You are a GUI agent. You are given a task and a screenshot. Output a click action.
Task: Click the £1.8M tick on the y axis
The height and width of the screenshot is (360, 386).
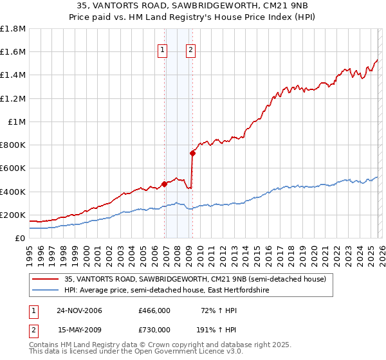point(13,29)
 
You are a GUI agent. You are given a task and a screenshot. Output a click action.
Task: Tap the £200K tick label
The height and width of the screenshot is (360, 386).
point(13,215)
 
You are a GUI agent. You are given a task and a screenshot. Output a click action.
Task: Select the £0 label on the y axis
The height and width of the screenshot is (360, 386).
point(20,238)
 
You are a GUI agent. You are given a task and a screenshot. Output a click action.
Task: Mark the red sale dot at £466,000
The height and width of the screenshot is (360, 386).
point(164,184)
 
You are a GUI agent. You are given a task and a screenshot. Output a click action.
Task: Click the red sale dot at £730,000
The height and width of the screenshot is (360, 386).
point(192,153)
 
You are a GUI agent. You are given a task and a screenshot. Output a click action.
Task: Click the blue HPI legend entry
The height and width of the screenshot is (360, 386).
point(167,291)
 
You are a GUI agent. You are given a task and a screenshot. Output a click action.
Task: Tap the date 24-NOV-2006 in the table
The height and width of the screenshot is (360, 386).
point(79,310)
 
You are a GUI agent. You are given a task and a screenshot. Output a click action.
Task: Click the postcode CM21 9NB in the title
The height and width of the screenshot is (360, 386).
point(256,7)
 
